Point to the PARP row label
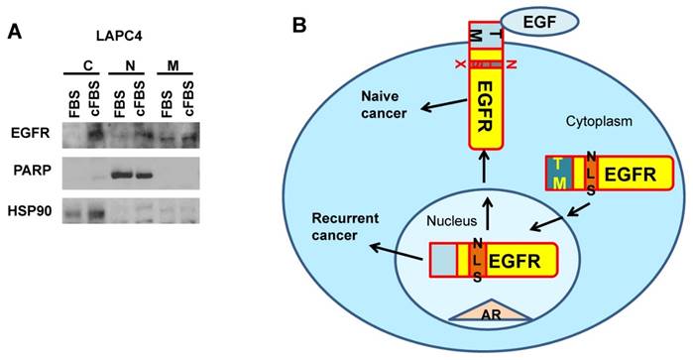pos(28,175)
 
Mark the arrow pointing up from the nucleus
pos(485,178)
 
